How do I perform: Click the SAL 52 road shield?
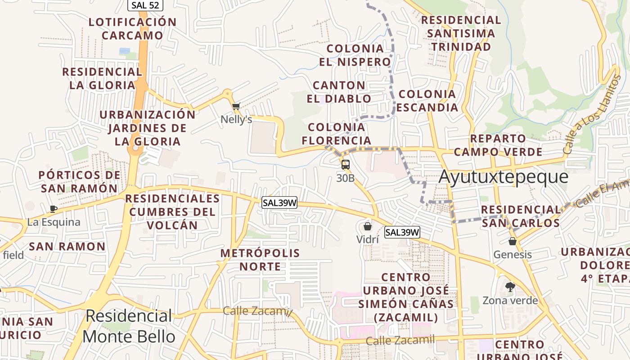145,5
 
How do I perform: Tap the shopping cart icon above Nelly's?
236,107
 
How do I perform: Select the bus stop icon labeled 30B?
345,165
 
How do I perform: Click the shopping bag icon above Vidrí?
368,226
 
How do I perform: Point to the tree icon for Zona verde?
510,287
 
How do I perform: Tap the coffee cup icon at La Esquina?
53,209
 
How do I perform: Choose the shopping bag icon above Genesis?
512,241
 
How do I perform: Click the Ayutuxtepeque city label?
503,176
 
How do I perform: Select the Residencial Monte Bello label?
129,326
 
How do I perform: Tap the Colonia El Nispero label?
355,55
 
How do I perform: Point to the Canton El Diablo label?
339,92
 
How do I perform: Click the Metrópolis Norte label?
260,260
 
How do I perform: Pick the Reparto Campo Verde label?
498,145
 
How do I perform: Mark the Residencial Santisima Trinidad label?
461,33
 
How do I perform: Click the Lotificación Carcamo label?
133,28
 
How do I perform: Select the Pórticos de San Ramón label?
79,181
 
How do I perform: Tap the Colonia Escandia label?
427,100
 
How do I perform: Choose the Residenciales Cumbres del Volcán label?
172,211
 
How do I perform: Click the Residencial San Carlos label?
521,216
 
